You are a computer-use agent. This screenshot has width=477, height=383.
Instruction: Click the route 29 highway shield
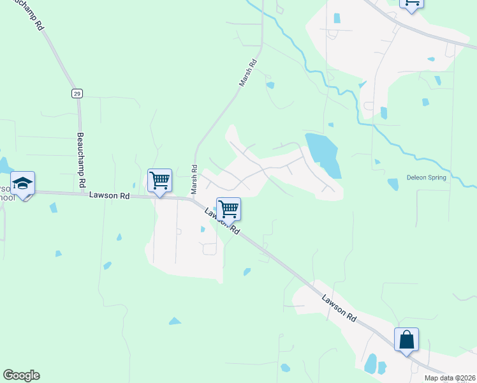77,93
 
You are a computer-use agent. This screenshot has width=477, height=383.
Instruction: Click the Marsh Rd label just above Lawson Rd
194,182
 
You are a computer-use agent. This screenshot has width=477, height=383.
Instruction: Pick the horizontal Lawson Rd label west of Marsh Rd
110,195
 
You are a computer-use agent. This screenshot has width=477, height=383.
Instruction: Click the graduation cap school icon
23,184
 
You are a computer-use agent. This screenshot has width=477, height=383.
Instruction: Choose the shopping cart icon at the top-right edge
411,3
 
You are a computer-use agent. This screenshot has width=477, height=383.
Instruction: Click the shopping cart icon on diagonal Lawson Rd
228,208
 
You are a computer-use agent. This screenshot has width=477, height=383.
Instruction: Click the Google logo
21,375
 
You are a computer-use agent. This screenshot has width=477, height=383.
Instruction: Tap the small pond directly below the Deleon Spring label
393,184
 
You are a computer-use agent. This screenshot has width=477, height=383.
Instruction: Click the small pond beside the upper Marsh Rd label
270,85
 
